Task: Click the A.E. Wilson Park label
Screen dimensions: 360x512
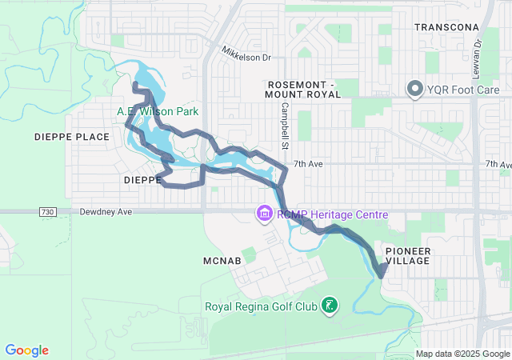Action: [158, 112]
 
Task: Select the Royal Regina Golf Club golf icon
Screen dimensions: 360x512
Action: [328, 306]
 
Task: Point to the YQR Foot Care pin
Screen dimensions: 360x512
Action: [415, 89]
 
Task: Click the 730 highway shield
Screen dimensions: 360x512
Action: [46, 212]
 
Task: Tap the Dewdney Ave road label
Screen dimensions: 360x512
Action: [105, 213]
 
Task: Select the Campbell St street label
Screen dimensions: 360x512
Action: [284, 127]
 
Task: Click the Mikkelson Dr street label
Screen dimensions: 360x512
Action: [247, 58]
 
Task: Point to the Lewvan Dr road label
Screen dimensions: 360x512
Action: [476, 53]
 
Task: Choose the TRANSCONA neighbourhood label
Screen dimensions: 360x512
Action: [446, 27]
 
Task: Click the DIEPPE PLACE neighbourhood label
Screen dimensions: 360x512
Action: [72, 137]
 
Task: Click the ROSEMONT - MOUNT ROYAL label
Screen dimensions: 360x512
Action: [304, 89]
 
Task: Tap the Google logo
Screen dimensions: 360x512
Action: [27, 350]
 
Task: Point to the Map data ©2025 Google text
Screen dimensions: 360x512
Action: [462, 354]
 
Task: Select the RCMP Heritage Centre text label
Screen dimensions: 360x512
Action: [332, 214]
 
